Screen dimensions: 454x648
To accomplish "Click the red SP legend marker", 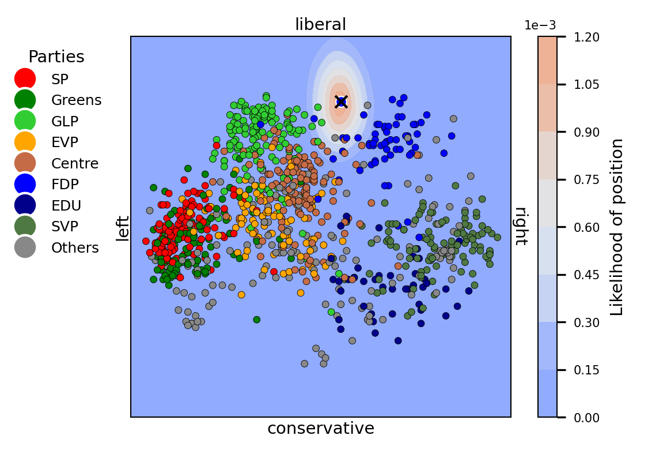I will coord(25,79).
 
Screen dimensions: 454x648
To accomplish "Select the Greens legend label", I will coord(76,100).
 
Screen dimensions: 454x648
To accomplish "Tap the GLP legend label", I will coord(65,121).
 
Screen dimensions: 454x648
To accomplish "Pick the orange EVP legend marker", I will coord(25,142).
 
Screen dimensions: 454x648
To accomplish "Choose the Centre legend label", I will coord(75,164).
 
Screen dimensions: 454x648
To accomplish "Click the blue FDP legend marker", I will coord(25,185).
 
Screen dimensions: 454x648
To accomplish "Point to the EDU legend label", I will coord(66,206).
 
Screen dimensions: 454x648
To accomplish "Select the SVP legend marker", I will coord(25,227).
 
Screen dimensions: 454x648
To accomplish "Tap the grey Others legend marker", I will coord(25,248).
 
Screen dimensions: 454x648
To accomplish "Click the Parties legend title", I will coord(56,57).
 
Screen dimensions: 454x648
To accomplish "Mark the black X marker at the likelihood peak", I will coord(341,102).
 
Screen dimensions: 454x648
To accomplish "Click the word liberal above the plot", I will coord(320,25).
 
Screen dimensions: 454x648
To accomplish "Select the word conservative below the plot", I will coord(320,429).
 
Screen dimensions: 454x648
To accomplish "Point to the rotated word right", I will coord(521,226).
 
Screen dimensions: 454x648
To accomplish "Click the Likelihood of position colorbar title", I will coord(617,227).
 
